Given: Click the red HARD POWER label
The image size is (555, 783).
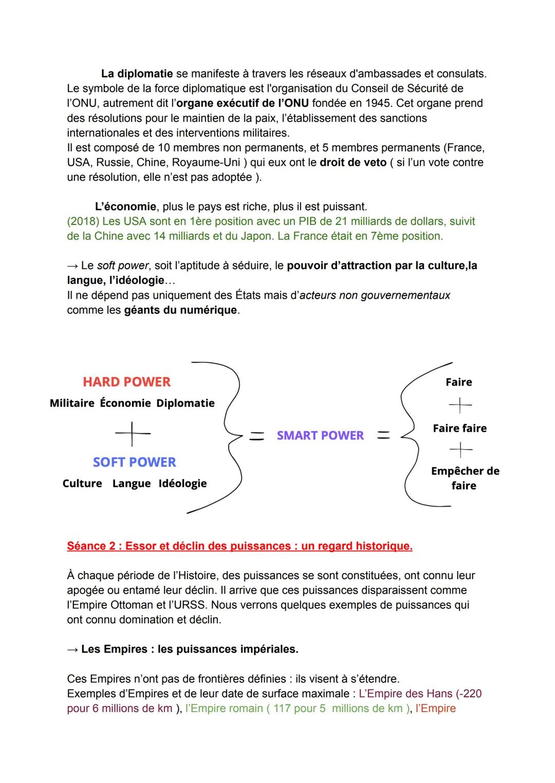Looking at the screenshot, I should coord(126,382).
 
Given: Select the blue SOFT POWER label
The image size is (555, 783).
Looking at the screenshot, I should coord(134,462).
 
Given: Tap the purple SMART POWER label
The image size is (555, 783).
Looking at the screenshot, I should coord(320,435).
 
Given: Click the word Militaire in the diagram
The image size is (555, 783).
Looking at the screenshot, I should coord(72,404).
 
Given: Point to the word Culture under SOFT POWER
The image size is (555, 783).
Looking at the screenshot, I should coord(82,484).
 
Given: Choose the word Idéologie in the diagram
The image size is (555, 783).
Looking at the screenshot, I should coord(182,484).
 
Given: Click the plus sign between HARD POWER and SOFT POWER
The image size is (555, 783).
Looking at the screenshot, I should coord(133,433).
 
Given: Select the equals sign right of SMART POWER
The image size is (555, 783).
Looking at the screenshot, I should coord(383,436).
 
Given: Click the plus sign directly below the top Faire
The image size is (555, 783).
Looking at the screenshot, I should coord(460,406).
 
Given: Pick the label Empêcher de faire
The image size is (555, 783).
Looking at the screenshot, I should coord(465,478).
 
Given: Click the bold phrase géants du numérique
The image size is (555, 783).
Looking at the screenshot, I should coord(180,310).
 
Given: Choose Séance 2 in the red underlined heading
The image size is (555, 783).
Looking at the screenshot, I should coord(90,546).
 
